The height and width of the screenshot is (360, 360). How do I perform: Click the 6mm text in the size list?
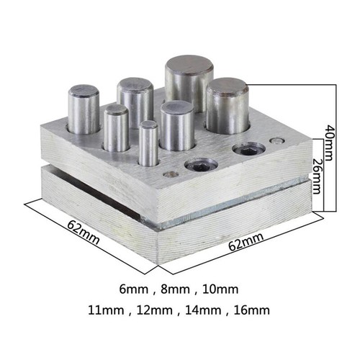tap(135, 290)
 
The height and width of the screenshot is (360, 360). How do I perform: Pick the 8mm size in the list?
tap(176, 290)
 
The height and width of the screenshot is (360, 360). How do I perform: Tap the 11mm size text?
tap(104, 311)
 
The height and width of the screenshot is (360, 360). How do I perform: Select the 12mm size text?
tap(152, 311)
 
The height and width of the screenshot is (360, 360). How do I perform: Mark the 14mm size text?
tap(200, 311)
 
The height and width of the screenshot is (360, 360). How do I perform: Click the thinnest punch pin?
tap(148, 144)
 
